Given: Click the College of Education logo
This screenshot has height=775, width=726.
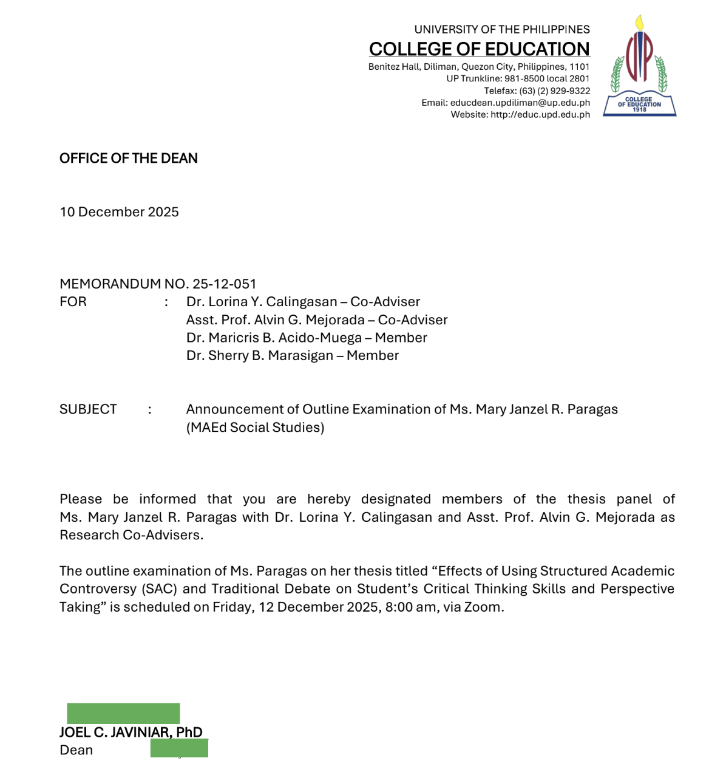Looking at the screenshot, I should tap(639, 67).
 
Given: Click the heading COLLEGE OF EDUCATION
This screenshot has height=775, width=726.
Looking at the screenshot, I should tap(479, 49).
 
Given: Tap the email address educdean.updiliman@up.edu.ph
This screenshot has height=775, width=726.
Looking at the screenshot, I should tap(520, 103).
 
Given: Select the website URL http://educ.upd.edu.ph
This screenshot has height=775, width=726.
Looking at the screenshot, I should tap(540, 114).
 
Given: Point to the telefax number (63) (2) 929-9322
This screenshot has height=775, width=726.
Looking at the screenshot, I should tap(554, 90).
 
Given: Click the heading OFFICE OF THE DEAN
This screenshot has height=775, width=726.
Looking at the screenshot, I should tap(129, 159).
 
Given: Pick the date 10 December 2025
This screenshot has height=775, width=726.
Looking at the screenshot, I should tap(119, 212).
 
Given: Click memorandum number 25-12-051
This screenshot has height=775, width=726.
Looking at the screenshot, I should tap(224, 284).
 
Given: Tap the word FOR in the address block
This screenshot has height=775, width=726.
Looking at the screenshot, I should tap(73, 302).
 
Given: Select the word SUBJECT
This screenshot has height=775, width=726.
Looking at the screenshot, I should tap(88, 409).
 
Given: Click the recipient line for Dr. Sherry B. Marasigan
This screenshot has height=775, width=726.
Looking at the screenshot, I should tap(292, 356).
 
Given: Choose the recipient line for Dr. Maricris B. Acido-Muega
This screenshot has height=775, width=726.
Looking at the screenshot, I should tap(307, 338).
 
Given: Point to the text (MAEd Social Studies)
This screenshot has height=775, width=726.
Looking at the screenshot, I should tap(255, 428).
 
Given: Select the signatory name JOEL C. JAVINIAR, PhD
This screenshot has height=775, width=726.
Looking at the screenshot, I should tap(131, 732).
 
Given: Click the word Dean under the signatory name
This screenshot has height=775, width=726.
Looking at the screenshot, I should tap(76, 750).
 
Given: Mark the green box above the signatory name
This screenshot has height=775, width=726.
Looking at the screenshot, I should tap(123, 713).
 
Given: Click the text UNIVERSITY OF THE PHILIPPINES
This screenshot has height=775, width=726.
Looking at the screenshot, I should tap(501, 29).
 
